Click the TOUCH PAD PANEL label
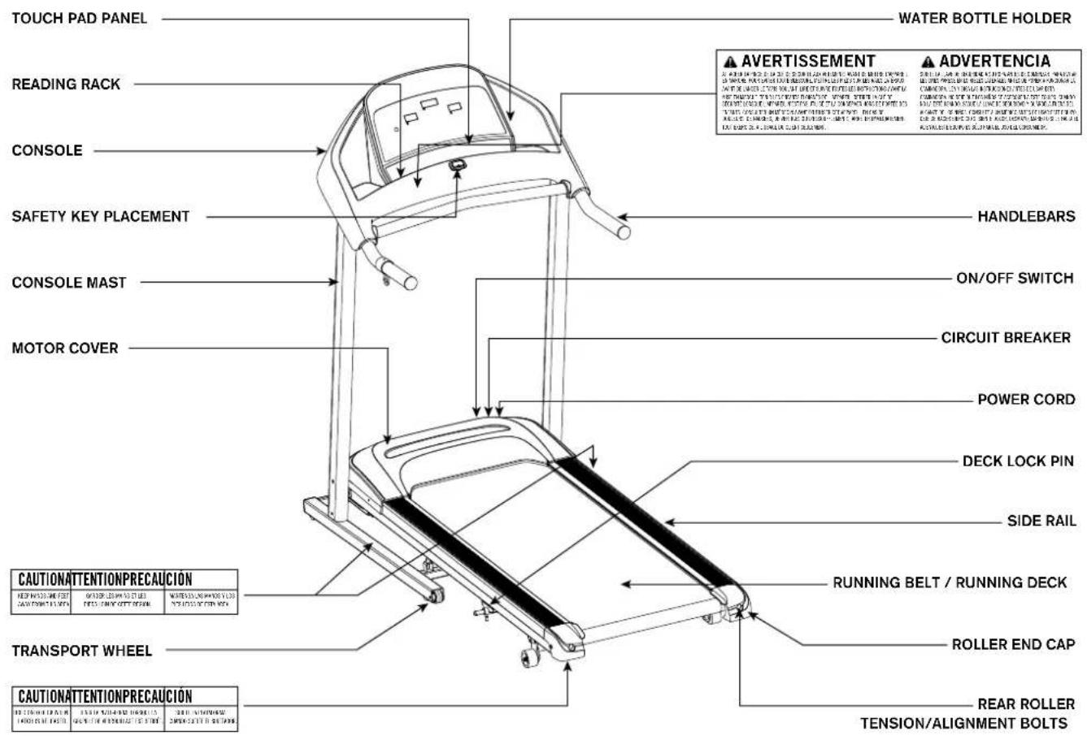click(80, 18)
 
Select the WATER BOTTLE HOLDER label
click(985, 18)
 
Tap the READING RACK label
click(66, 84)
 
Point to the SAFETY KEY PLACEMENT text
click(100, 217)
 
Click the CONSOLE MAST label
click(69, 283)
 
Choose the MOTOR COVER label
click(65, 349)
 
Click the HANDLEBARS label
click(1025, 217)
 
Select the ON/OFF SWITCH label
click(1014, 278)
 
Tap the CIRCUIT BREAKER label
click(1006, 337)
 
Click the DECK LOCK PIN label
click(1018, 461)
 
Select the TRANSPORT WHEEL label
click(82, 651)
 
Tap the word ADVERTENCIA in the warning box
click(994, 61)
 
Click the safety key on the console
click(458, 165)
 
